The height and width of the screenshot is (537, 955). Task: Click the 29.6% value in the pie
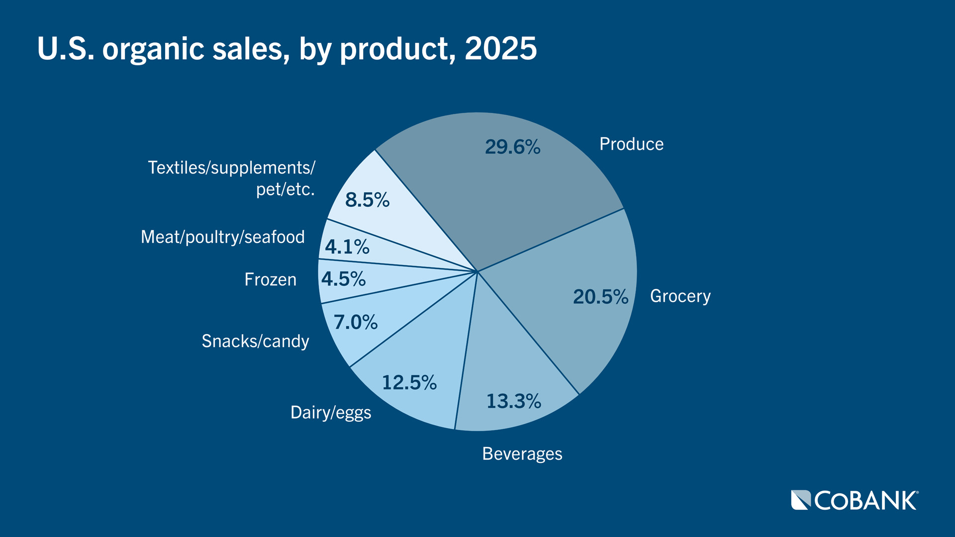(512, 147)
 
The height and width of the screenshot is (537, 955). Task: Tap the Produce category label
(631, 144)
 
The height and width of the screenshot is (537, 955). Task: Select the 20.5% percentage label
(600, 297)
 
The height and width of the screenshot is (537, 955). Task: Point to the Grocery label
(680, 296)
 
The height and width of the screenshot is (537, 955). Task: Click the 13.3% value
(513, 401)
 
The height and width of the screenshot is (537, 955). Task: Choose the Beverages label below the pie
(522, 454)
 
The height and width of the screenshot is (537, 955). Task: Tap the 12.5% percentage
(409, 383)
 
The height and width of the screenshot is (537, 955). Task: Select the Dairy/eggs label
(330, 413)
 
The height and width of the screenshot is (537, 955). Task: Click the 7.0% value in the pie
(355, 322)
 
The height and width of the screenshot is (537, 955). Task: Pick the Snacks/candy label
(255, 342)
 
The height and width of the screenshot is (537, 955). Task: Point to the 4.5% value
(343, 279)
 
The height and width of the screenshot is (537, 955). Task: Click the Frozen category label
(270, 280)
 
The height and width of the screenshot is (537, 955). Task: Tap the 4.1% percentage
(347, 247)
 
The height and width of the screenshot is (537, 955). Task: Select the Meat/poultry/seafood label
(222, 237)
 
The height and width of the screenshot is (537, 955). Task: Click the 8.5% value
(367, 200)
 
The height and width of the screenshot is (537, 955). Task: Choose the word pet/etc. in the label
(285, 189)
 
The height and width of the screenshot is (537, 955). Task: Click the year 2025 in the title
(500, 49)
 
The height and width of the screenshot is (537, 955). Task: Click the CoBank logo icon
(801, 500)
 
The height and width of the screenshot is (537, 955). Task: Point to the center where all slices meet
(477, 271)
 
